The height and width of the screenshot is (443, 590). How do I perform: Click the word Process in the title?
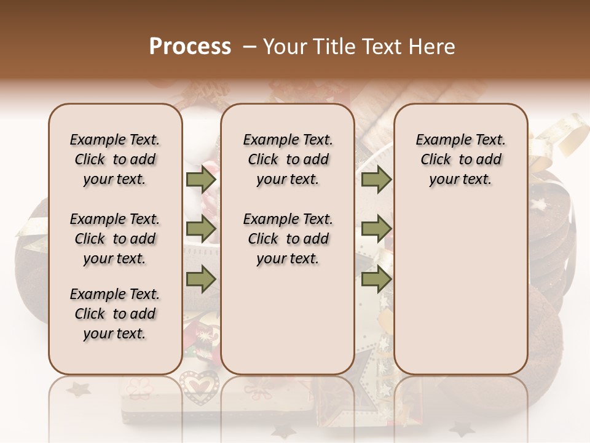coord(190,47)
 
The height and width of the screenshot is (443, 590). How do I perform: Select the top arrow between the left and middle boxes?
coord(200,180)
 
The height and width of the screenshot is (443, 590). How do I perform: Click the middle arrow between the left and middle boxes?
coord(200,229)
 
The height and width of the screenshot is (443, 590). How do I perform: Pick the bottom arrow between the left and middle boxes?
coord(200,280)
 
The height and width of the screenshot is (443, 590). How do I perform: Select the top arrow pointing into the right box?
coord(376,180)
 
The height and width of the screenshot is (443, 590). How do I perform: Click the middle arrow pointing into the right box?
coord(376,229)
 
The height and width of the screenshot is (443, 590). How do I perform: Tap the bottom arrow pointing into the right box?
coord(376,280)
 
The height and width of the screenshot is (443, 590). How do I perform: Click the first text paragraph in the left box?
coord(115,159)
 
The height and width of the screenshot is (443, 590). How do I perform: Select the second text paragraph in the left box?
coord(115,239)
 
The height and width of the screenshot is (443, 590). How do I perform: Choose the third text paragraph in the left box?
coord(115,314)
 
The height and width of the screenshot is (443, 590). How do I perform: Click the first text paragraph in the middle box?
coord(288,159)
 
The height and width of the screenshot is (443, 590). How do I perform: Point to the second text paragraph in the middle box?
coord(288,239)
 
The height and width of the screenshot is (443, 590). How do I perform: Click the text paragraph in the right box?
coord(460,159)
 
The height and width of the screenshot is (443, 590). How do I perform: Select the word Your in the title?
coord(285,47)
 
